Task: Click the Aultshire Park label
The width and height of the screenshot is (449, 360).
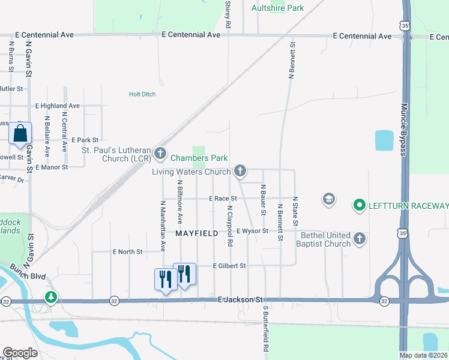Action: (x=277, y=8)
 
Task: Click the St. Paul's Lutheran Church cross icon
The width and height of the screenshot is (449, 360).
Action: (x=160, y=154)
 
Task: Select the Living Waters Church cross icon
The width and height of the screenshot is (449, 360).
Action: (x=240, y=172)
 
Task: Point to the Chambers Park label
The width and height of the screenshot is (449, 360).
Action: (x=199, y=158)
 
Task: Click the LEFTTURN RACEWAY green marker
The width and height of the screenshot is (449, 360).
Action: (x=360, y=206)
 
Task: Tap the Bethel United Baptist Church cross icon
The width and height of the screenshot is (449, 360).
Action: (x=360, y=239)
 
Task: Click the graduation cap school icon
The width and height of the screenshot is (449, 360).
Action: (x=328, y=199)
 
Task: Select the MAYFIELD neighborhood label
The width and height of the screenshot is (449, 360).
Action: (x=196, y=233)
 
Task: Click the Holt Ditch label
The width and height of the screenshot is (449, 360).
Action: (x=142, y=94)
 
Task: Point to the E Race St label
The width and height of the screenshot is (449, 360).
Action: (x=223, y=198)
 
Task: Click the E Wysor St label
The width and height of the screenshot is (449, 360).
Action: (x=252, y=231)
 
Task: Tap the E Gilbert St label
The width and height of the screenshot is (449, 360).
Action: (x=230, y=265)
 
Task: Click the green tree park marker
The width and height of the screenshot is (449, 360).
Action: (x=52, y=298)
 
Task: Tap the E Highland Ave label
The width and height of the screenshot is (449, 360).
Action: (x=57, y=106)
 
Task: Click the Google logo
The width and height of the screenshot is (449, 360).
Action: (x=20, y=353)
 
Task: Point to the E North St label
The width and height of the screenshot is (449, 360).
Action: (x=127, y=252)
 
